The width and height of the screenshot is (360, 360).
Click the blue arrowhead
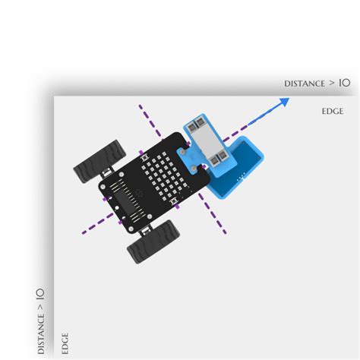tap(284, 102)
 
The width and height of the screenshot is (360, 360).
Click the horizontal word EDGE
tap(333, 112)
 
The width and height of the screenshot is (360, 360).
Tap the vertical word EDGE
tap(65, 343)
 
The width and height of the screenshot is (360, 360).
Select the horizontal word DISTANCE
tap(305, 84)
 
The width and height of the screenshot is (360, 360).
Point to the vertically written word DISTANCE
tap(41, 334)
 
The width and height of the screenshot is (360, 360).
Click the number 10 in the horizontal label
tap(345, 83)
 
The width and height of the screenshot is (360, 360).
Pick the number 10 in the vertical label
tap(40, 294)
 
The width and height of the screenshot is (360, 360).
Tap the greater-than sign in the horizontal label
tap(332, 83)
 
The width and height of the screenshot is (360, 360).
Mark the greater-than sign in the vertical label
tap(40, 307)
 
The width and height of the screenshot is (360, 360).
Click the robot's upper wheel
tap(99, 161)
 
